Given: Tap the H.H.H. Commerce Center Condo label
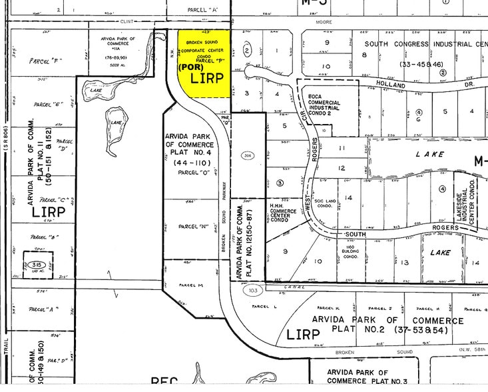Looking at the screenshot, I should (x=282, y=213).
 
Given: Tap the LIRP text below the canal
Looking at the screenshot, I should (x=303, y=334).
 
